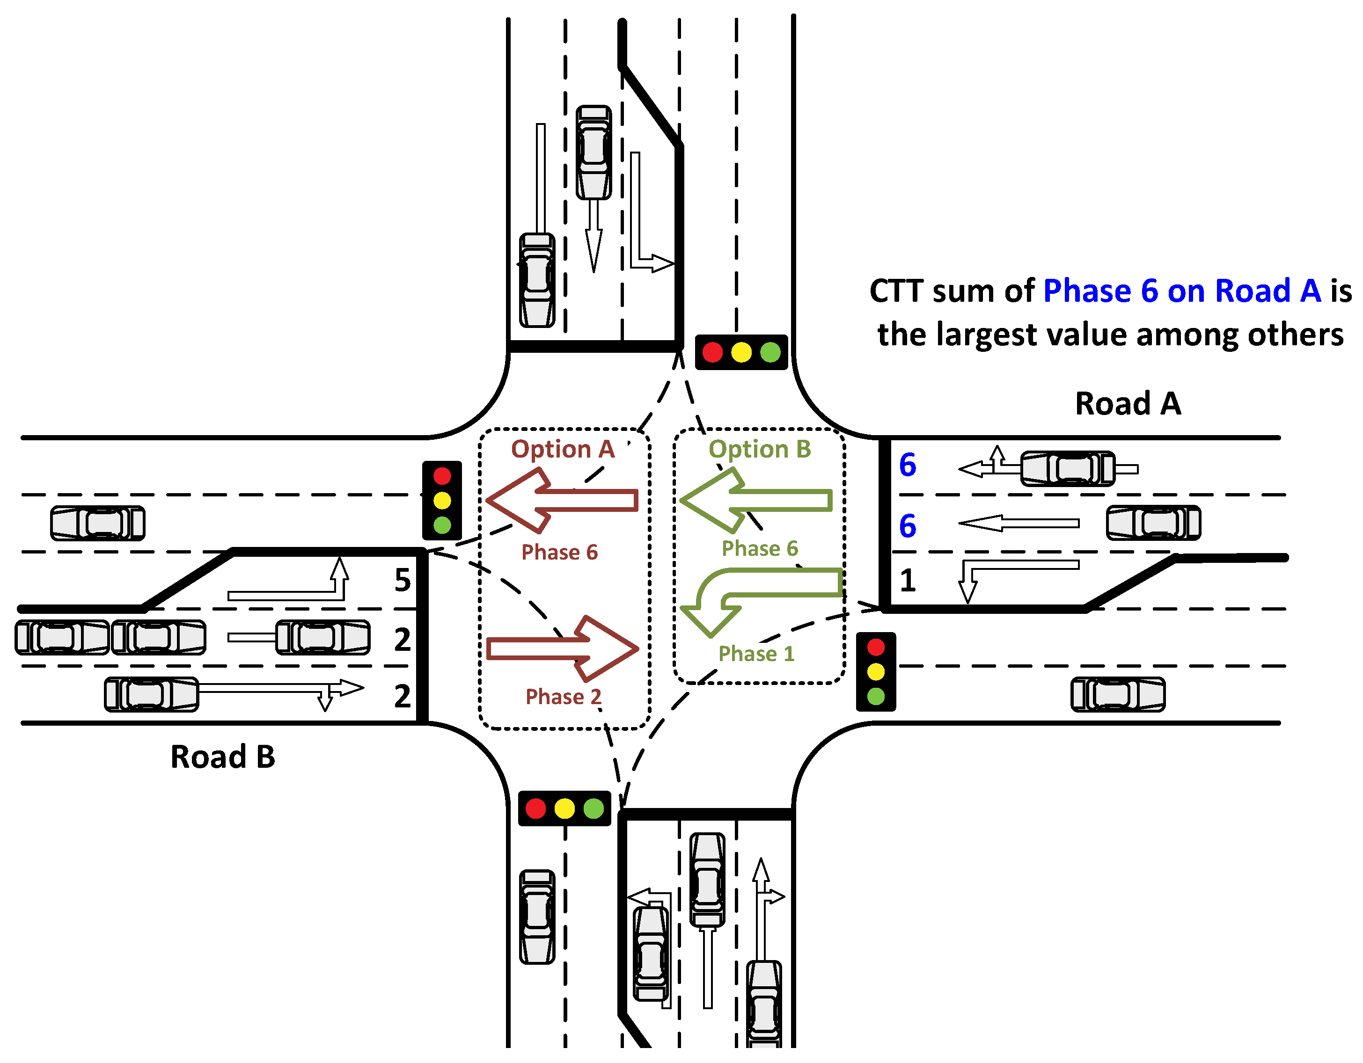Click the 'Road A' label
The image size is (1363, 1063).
[x=1127, y=404]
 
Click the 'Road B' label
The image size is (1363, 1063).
[x=223, y=757]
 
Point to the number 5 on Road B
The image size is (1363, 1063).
[x=403, y=580]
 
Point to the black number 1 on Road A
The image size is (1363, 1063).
[x=908, y=580]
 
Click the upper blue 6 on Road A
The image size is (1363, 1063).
[x=908, y=465]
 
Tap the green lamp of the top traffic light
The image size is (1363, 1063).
[x=770, y=352]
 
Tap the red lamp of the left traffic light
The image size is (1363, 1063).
[x=442, y=476]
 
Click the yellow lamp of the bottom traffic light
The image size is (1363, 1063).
[x=564, y=808]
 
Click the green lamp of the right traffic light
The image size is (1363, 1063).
[x=876, y=696]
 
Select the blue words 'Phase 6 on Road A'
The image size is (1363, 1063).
[x=1181, y=291]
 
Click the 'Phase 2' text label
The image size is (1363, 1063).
[x=563, y=696]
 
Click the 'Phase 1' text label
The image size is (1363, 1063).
[x=756, y=653]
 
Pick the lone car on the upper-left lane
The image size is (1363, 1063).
[x=97, y=523]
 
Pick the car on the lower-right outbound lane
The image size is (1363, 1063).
[x=1117, y=694]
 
